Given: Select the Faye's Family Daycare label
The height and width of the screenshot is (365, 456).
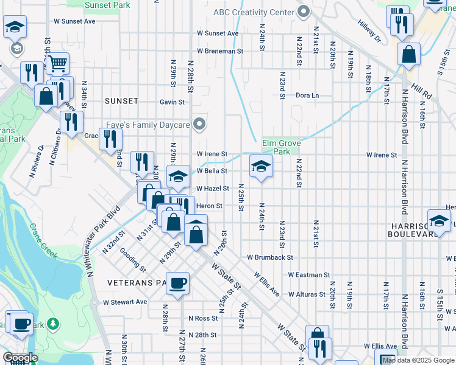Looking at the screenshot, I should click(x=149, y=125).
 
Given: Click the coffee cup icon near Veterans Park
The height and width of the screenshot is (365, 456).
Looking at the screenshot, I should click(x=177, y=283).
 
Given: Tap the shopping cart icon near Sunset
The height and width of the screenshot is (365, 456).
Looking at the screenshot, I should click(x=57, y=63).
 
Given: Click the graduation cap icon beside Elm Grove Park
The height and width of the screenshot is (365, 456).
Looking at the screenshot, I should click(x=261, y=166).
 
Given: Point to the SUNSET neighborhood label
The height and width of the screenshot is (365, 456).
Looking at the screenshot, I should click(x=121, y=101).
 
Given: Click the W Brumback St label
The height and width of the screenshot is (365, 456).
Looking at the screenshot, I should click(x=270, y=257).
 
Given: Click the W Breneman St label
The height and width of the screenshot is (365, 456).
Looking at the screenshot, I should click(x=220, y=51).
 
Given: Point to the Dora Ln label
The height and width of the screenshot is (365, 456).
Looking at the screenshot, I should click(x=307, y=96).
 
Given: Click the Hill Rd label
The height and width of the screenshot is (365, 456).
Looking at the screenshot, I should click(x=421, y=92).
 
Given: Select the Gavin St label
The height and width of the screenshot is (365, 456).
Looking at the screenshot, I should click(x=173, y=102).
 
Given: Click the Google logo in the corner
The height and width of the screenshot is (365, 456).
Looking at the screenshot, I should click(x=20, y=358).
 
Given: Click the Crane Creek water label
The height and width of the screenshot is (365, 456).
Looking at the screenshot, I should click(x=43, y=241).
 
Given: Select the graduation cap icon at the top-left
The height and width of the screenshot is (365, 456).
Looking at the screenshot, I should click(x=15, y=28).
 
